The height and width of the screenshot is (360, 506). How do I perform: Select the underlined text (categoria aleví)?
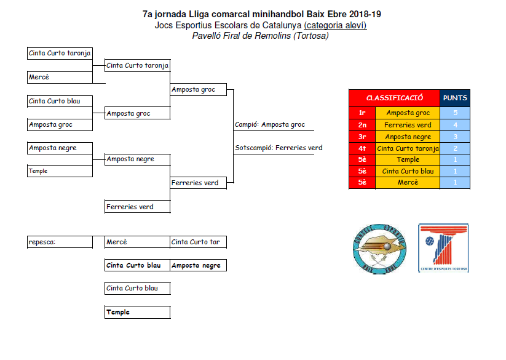(x=335, y=25)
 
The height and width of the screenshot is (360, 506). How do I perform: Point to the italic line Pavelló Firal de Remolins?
(x=260, y=36)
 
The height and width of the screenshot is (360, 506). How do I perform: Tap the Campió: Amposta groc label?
(x=270, y=125)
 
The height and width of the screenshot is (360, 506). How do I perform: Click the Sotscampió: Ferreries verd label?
(x=279, y=148)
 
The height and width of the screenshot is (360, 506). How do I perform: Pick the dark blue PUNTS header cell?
(x=455, y=98)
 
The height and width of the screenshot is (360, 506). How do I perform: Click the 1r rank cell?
(x=362, y=113)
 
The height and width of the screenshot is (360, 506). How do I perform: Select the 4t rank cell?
(x=362, y=148)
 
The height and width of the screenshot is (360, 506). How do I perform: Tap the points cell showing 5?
(x=455, y=113)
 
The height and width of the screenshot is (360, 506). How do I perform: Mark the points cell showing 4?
(x=455, y=125)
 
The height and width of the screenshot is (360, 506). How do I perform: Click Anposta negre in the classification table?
(x=408, y=137)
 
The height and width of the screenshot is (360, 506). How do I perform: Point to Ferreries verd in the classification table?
(x=408, y=125)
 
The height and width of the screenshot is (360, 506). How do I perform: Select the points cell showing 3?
(x=455, y=137)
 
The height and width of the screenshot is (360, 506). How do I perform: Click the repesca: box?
(x=60, y=242)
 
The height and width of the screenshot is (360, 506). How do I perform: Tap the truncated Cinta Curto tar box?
(x=198, y=242)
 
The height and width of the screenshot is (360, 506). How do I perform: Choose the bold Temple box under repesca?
(x=137, y=313)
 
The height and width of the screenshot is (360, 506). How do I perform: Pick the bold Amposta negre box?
(x=198, y=266)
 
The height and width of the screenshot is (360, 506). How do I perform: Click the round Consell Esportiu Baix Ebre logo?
(x=379, y=249)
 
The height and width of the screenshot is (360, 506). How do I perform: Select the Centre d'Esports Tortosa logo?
(x=443, y=248)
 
